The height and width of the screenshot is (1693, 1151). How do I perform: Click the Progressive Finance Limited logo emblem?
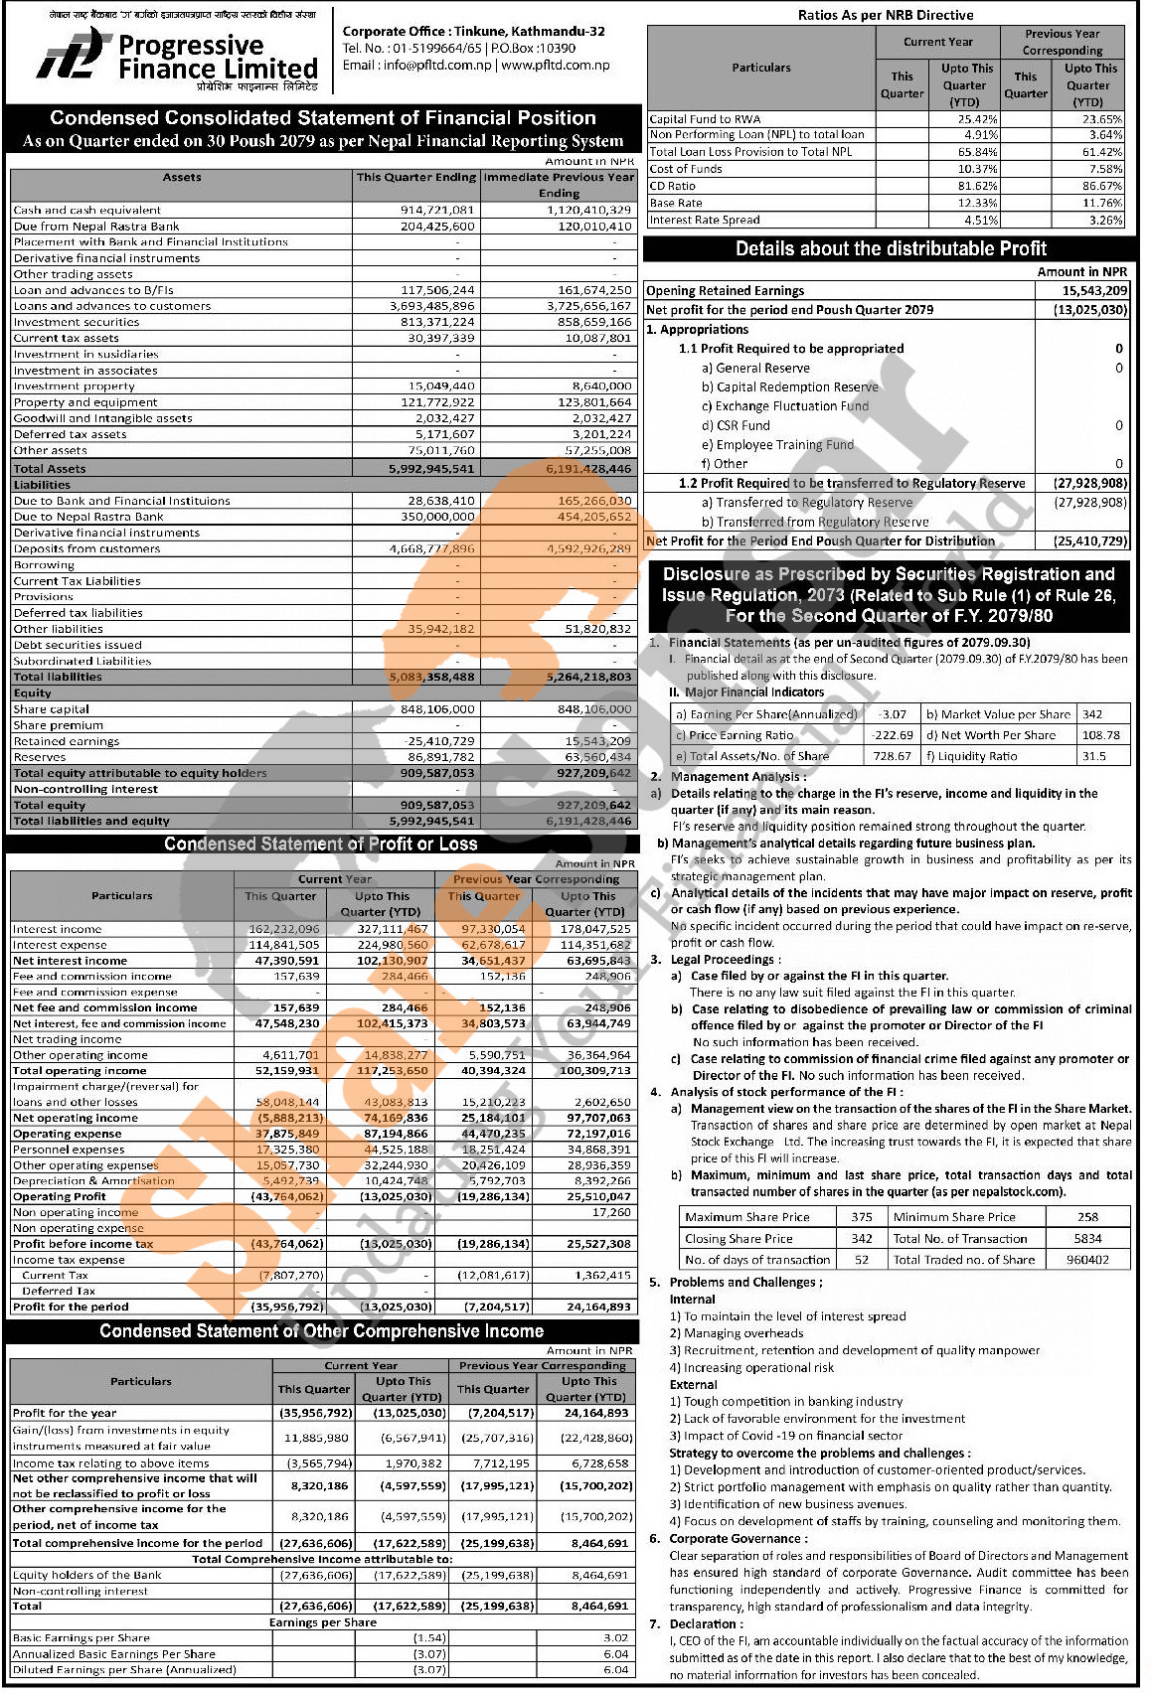click(72, 55)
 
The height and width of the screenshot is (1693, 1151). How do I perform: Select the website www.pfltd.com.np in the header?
click(556, 66)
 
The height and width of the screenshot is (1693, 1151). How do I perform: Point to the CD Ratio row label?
click(672, 187)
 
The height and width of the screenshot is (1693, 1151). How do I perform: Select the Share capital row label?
click(51, 709)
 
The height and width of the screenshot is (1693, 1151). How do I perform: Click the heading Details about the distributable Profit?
click(891, 249)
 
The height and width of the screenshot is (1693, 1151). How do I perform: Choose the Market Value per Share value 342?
click(1092, 714)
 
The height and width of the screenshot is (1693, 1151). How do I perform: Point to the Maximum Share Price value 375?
click(862, 1217)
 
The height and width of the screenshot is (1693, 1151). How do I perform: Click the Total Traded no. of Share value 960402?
click(1087, 1260)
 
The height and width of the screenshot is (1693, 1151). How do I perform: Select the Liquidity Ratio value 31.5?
click(1093, 756)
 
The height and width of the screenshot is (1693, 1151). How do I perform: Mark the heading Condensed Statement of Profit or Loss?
click(320, 845)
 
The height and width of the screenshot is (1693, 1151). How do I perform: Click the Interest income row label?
click(57, 930)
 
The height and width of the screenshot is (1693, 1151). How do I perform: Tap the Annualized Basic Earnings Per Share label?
click(114, 1654)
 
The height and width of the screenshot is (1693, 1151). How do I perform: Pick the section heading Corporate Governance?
click(738, 1539)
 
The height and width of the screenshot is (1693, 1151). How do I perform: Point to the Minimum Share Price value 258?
click(1087, 1217)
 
